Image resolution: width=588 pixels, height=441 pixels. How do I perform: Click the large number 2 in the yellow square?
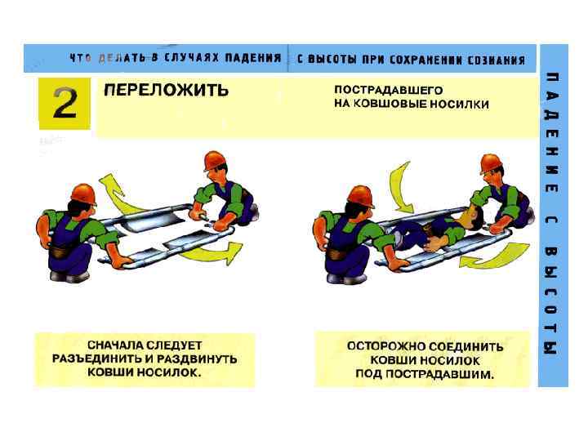click(x=65, y=103)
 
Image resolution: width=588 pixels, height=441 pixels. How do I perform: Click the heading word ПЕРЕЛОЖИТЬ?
click(x=166, y=90)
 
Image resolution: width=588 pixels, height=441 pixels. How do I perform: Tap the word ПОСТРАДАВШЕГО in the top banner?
click(x=388, y=90)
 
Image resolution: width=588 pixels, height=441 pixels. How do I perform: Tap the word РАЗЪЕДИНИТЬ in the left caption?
click(x=97, y=359)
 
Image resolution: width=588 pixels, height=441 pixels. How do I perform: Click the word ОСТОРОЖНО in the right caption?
click(x=382, y=346)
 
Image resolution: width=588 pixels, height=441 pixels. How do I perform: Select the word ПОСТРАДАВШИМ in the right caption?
click(x=439, y=374)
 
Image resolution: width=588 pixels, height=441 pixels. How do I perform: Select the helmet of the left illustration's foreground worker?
click(x=83, y=194)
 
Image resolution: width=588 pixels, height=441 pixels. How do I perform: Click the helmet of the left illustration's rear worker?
click(x=215, y=161)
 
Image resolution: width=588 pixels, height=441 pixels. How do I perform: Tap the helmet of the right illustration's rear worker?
click(x=491, y=163)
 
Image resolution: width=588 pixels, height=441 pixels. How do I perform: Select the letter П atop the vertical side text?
click(x=552, y=79)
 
